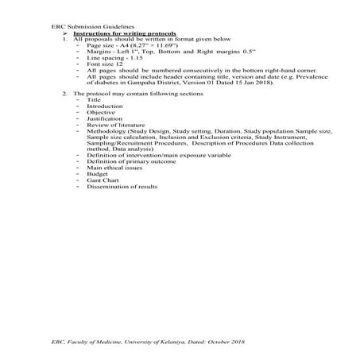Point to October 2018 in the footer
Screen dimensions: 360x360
228,340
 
